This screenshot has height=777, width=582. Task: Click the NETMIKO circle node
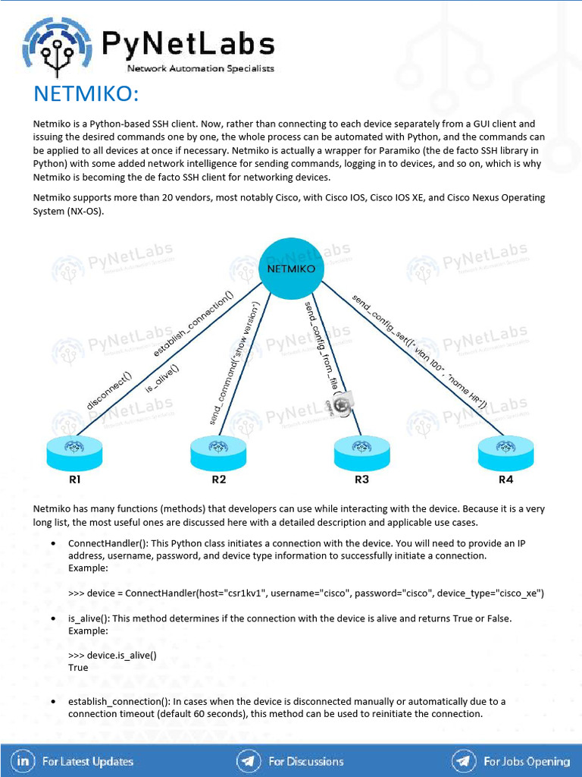tap(292, 268)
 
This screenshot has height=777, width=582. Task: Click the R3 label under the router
tap(361, 480)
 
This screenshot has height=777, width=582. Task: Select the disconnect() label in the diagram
tap(109, 392)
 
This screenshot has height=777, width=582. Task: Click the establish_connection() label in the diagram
tap(193, 324)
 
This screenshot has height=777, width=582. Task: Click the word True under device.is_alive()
tap(78, 668)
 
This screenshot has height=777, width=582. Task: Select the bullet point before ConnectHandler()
tap(52, 544)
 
